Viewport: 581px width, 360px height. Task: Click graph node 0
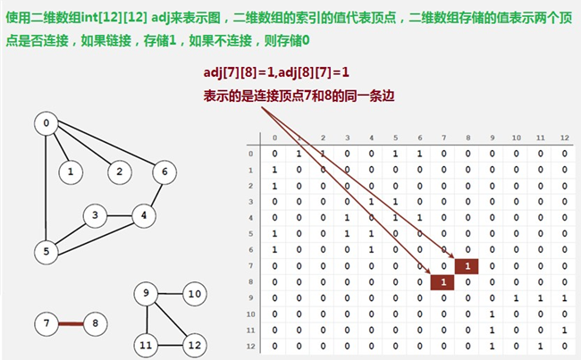point(46,123)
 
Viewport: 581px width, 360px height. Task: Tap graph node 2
point(117,169)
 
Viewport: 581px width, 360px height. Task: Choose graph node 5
point(46,251)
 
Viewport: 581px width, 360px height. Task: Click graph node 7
point(46,322)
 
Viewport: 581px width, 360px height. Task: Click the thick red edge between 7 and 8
point(72,322)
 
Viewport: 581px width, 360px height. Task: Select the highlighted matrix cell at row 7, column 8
point(467,265)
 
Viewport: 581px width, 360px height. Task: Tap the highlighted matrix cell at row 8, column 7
point(442,281)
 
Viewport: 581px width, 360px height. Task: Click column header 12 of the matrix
point(563,138)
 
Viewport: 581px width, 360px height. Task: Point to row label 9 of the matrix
point(250,297)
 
